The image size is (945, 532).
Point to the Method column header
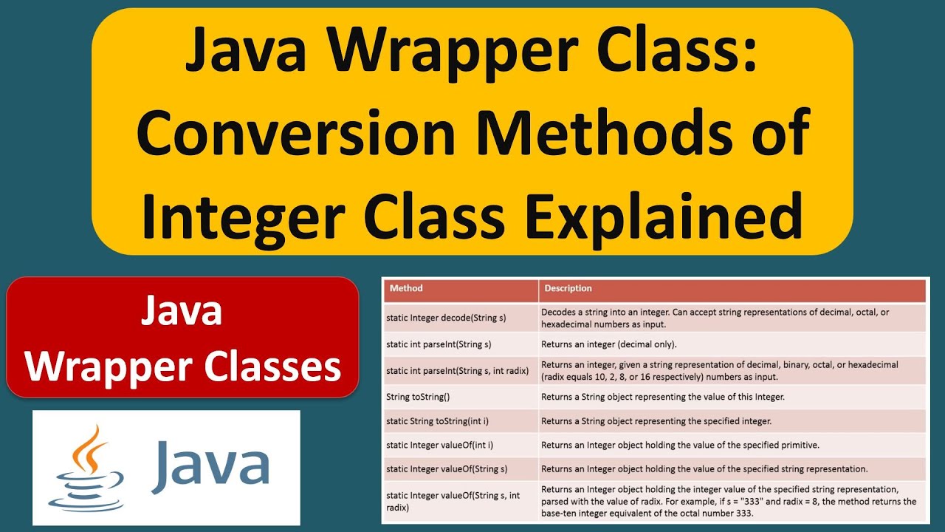406,288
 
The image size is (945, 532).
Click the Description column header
568,288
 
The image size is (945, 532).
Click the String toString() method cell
418,397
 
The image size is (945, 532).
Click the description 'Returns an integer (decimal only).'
609,344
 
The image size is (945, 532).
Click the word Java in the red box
182,312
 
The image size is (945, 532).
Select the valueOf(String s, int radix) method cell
458,501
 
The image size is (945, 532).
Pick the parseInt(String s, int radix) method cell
458,370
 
